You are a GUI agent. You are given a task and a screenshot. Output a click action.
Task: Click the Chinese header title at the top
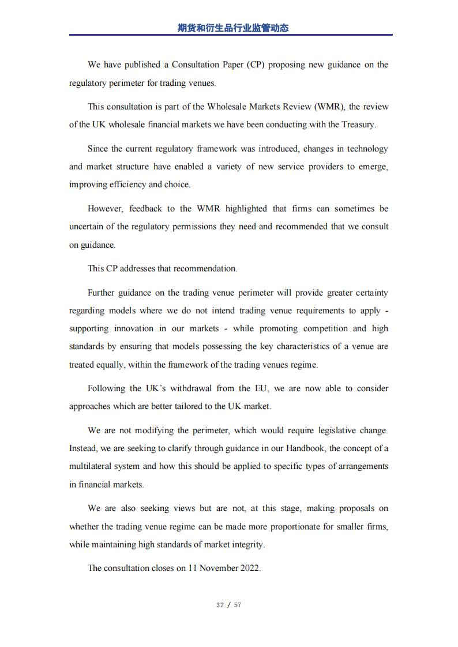[x=232, y=28]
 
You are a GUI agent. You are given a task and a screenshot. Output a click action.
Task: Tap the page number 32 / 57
[x=228, y=605]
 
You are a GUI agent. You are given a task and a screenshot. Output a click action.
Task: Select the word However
[x=105, y=209]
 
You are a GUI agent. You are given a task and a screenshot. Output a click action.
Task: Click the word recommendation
[x=205, y=268]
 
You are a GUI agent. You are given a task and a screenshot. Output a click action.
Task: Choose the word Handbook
[x=303, y=448]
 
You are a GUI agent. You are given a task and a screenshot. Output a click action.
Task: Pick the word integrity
[x=247, y=544]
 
